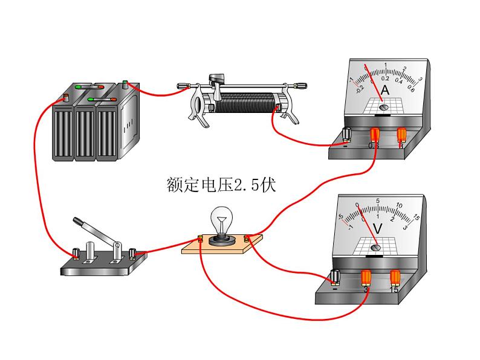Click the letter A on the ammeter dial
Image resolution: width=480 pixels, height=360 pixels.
tap(385, 90)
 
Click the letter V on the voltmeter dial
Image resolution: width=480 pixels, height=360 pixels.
tap(377, 229)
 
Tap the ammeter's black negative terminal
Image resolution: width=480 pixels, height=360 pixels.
tap(347, 133)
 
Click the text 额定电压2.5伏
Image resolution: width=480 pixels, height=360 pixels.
tap(221, 184)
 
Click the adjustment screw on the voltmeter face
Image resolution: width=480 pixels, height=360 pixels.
tap(375, 247)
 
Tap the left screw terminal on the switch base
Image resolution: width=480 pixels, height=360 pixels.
tap(77, 252)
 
